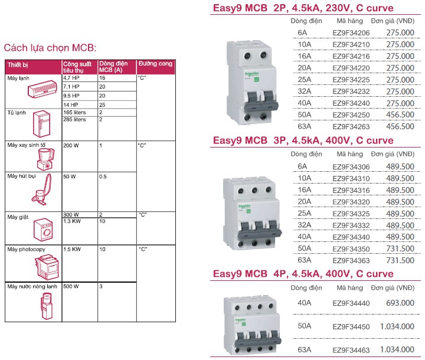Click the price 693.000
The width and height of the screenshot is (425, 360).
point(401,303)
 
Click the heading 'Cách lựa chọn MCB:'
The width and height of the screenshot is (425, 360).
point(50,47)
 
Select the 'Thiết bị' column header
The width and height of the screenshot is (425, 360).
point(18,63)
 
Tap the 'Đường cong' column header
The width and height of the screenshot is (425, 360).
point(155,63)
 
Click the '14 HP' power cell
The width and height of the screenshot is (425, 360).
point(72,104)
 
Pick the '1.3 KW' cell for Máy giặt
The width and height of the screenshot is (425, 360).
point(72,221)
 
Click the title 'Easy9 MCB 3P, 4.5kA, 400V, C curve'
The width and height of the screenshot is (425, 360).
point(303,141)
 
